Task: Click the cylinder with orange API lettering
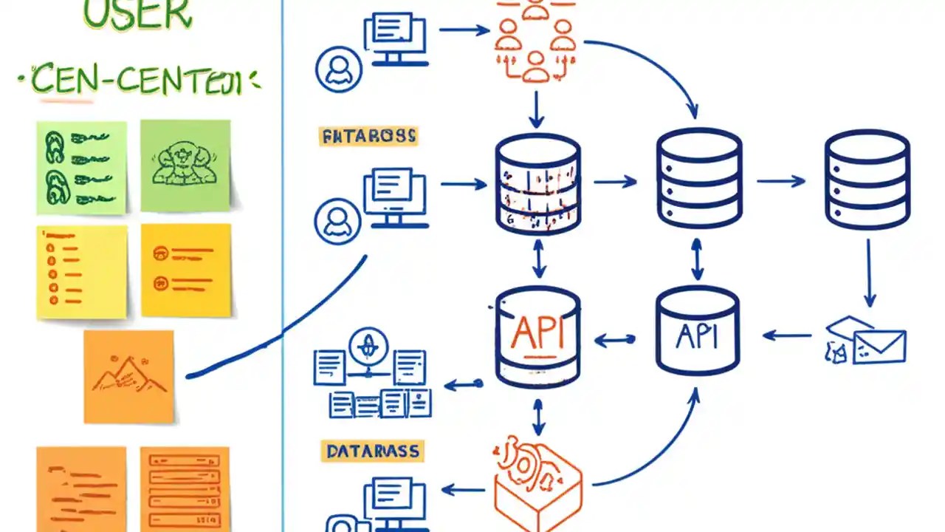[x=537, y=337]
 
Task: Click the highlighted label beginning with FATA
[x=368, y=136]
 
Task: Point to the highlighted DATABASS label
[x=373, y=451]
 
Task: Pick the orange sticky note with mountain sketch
[x=128, y=376]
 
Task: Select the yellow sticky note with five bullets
[x=81, y=270]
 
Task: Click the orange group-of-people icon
[x=536, y=41]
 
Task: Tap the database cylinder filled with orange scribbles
[x=537, y=183]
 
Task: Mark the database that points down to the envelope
[x=867, y=180]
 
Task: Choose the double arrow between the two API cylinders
[x=615, y=340]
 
